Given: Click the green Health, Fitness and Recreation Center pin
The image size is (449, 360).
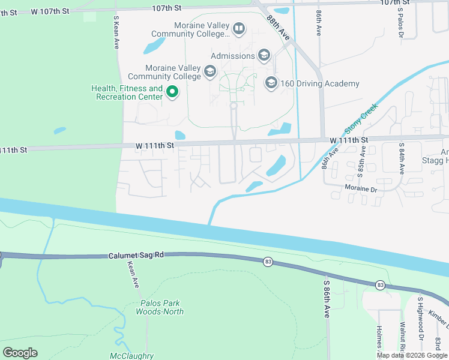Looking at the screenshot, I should coord(172,92).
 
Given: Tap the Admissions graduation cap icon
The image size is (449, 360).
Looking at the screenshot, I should coord(264,56).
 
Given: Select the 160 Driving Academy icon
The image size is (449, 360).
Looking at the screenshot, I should coord(271,83).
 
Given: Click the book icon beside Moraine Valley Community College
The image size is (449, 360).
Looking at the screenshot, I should coord(238,29).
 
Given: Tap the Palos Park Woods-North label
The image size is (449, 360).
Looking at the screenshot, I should coord(160,307).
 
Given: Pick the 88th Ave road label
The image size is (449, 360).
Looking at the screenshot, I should coord(280,29).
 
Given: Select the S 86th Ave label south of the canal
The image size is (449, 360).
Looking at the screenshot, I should coord(327,298).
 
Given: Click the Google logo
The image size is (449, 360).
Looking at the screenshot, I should coord(20,353).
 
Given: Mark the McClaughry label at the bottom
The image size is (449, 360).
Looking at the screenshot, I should coord(132,356).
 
